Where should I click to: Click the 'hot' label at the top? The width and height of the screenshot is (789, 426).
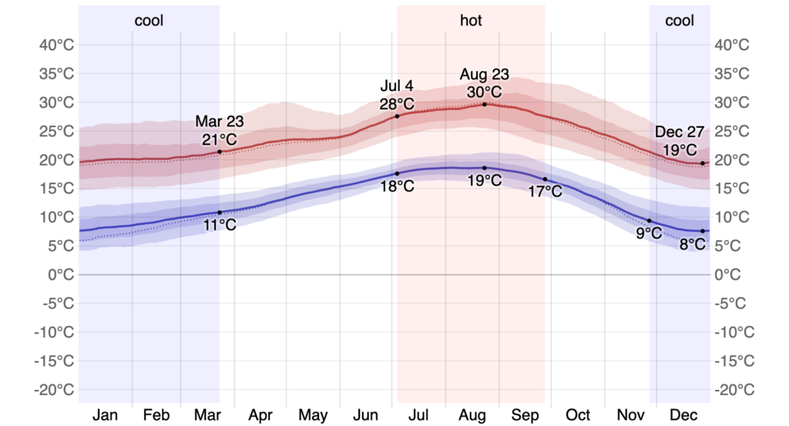[x=471, y=21]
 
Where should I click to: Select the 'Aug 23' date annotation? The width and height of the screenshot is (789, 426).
[x=485, y=75]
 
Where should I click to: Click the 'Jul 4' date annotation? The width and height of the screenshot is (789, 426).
[x=397, y=86]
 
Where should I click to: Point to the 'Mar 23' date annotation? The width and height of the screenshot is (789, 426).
[x=219, y=121]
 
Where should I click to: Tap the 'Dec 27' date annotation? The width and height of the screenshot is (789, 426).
[x=680, y=132]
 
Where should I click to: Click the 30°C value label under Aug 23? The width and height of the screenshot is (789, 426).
[x=485, y=92]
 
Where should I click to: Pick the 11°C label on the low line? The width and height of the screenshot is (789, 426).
[x=220, y=225]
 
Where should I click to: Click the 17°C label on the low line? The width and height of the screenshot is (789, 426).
[x=545, y=192]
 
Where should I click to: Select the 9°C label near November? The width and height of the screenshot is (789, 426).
[x=649, y=233]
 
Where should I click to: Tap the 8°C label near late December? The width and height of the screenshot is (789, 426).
[x=692, y=245]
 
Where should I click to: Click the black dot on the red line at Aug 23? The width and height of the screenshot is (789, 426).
[x=485, y=104]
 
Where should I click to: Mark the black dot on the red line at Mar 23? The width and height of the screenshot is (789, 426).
[x=220, y=152]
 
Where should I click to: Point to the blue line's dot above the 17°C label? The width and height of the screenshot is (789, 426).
[x=545, y=179]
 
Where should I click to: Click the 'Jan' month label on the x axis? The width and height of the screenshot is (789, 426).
[x=105, y=415]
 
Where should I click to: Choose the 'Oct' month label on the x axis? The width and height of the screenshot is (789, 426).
[x=579, y=415]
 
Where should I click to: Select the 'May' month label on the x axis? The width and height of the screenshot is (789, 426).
[x=313, y=415]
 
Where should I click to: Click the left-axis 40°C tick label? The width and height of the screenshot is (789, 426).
[x=58, y=45]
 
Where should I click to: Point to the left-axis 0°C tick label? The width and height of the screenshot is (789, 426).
[x=61, y=274]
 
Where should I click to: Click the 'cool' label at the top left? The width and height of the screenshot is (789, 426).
[x=149, y=21]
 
